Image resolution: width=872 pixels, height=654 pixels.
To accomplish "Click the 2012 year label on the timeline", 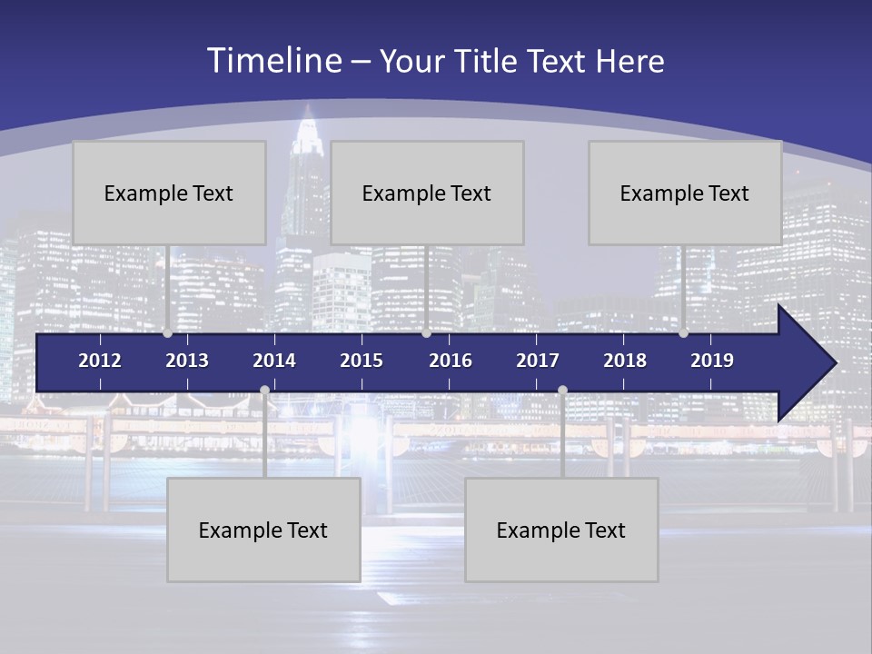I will (100, 361).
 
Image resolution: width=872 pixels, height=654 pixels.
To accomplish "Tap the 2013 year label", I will (187, 361).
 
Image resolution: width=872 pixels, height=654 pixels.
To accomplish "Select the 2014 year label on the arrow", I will (274, 361).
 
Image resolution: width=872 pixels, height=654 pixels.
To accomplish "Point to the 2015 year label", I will (362, 361).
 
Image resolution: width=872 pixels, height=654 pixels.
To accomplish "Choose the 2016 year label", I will (451, 361).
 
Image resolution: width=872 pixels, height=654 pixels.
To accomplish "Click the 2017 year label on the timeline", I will (538, 361).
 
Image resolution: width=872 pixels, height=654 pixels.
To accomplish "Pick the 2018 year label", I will (625, 361).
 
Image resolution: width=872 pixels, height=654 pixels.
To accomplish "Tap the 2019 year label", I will (712, 361).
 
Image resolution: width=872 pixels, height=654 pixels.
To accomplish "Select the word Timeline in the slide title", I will (273, 61).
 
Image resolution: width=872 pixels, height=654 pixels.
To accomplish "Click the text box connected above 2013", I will (169, 193).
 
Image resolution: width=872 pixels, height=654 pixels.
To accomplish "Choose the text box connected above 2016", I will (427, 193).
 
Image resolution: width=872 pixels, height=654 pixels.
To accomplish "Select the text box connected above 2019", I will (685, 193).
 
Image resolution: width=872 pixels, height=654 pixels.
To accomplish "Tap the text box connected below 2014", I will (263, 530).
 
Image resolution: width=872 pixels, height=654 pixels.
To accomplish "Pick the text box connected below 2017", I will (561, 530).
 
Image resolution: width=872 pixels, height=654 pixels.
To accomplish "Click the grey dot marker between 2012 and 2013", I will (168, 333).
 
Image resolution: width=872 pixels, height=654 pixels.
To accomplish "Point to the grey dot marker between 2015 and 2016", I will (426, 333).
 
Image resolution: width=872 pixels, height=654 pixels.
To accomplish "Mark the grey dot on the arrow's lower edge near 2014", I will (264, 391).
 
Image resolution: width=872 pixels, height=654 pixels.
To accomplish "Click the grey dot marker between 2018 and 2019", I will (683, 333).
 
